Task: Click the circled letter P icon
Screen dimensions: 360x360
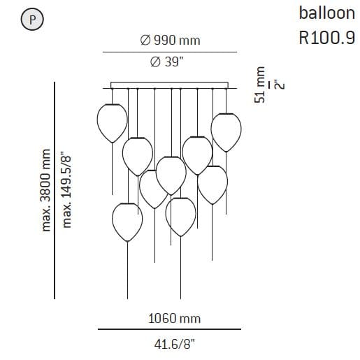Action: pos(32,20)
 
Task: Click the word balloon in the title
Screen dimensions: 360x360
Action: pos(327,13)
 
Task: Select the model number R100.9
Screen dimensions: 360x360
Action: pos(327,38)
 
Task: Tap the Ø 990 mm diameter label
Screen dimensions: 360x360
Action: pos(170,40)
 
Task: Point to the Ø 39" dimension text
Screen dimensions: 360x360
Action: pos(167,62)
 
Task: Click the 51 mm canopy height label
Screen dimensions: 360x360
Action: pos(260,85)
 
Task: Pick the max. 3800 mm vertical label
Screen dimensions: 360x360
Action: pos(45,190)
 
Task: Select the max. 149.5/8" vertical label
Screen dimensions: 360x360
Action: pos(66,190)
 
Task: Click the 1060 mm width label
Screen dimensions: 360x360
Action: pos(174,318)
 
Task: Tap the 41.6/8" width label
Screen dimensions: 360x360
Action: pos(174,344)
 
